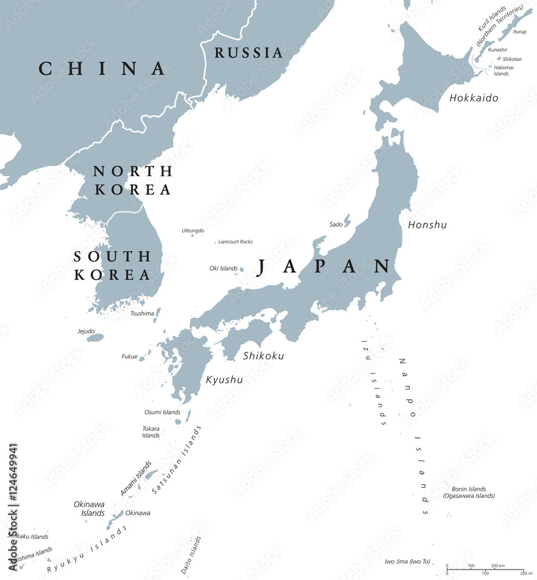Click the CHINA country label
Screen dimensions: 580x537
(103, 68)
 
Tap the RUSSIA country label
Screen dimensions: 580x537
(249, 53)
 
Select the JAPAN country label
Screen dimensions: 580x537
(324, 266)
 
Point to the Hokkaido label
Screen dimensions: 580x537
(474, 98)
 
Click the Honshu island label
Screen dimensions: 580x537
(427, 224)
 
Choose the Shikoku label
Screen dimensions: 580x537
(264, 356)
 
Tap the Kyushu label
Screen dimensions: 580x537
(224, 380)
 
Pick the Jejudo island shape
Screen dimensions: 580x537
(95, 338)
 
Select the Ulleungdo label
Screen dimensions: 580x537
(193, 230)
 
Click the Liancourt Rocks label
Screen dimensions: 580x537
(235, 242)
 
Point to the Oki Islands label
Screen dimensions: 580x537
(223, 269)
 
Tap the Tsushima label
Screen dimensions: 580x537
(142, 313)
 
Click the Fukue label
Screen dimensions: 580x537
(129, 356)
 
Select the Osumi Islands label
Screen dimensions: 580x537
(162, 412)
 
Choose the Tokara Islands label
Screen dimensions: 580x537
(151, 432)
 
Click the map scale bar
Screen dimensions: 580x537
(485, 570)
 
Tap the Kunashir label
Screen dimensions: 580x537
(498, 50)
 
